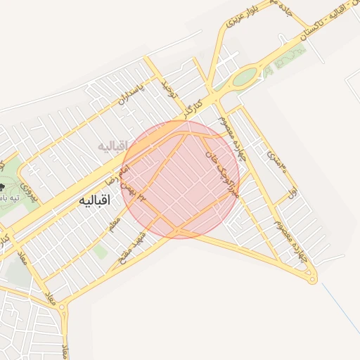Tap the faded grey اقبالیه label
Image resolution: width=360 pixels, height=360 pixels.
point(112,146)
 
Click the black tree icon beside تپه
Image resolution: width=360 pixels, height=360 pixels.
point(2,188)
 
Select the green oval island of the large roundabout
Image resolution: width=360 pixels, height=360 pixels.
point(244,76)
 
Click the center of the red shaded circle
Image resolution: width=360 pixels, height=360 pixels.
point(181,179)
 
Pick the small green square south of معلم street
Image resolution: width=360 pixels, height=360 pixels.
point(101,251)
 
